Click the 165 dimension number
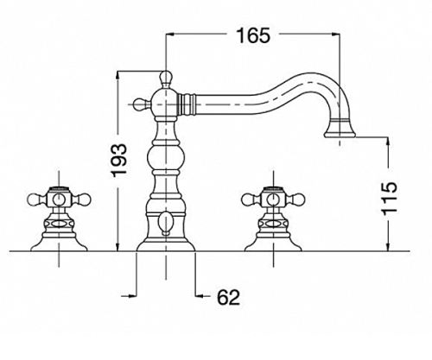(x=253, y=35)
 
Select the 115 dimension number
(x=390, y=199)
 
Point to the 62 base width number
(x=228, y=297)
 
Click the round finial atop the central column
(x=166, y=78)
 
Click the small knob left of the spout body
(x=141, y=104)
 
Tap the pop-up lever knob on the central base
(x=166, y=223)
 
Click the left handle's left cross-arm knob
(x=35, y=199)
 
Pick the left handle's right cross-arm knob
(x=83, y=199)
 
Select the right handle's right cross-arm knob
(x=297, y=199)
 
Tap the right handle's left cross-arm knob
(x=250, y=199)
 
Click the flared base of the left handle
(x=59, y=243)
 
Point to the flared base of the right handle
(x=273, y=243)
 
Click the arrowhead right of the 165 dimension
(x=334, y=35)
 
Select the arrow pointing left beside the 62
(x=200, y=295)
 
